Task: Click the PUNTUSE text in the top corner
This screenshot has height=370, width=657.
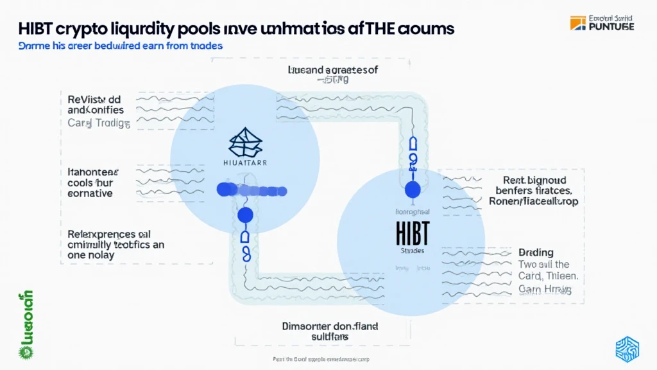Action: click(611, 26)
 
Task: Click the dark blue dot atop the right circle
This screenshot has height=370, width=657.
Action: click(413, 189)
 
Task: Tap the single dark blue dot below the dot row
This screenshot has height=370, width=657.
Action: click(245, 215)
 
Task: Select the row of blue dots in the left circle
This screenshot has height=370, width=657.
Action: click(251, 189)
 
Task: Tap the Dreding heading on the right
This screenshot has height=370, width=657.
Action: click(536, 252)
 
